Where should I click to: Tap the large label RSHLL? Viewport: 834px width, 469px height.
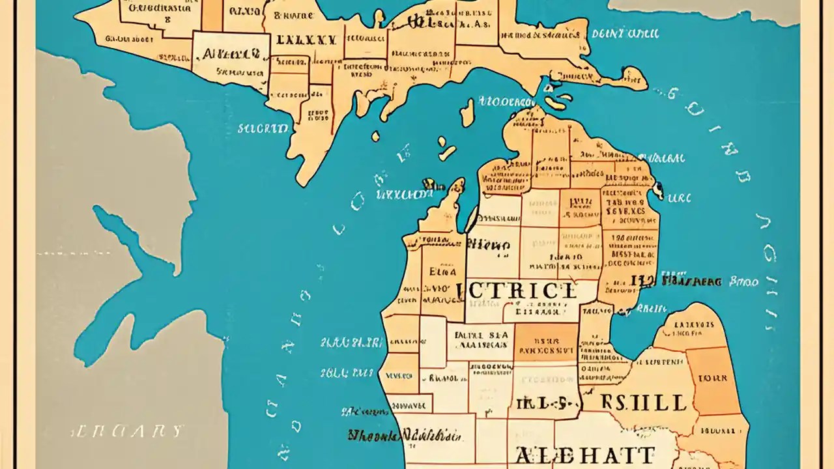point(636,402)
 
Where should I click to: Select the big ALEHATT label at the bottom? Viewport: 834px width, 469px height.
point(584,455)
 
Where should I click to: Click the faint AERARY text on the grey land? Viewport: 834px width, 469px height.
point(127,431)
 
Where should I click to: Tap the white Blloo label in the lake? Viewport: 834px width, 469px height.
point(743,282)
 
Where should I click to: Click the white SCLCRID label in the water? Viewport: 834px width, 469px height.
point(263,128)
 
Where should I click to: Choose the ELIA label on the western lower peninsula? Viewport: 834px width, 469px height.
point(439,272)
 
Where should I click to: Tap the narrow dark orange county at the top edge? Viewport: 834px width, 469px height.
point(212,15)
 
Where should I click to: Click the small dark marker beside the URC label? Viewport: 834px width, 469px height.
point(659,190)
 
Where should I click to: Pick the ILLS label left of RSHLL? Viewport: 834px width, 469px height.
point(545,403)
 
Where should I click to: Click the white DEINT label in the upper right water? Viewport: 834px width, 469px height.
point(625,33)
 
